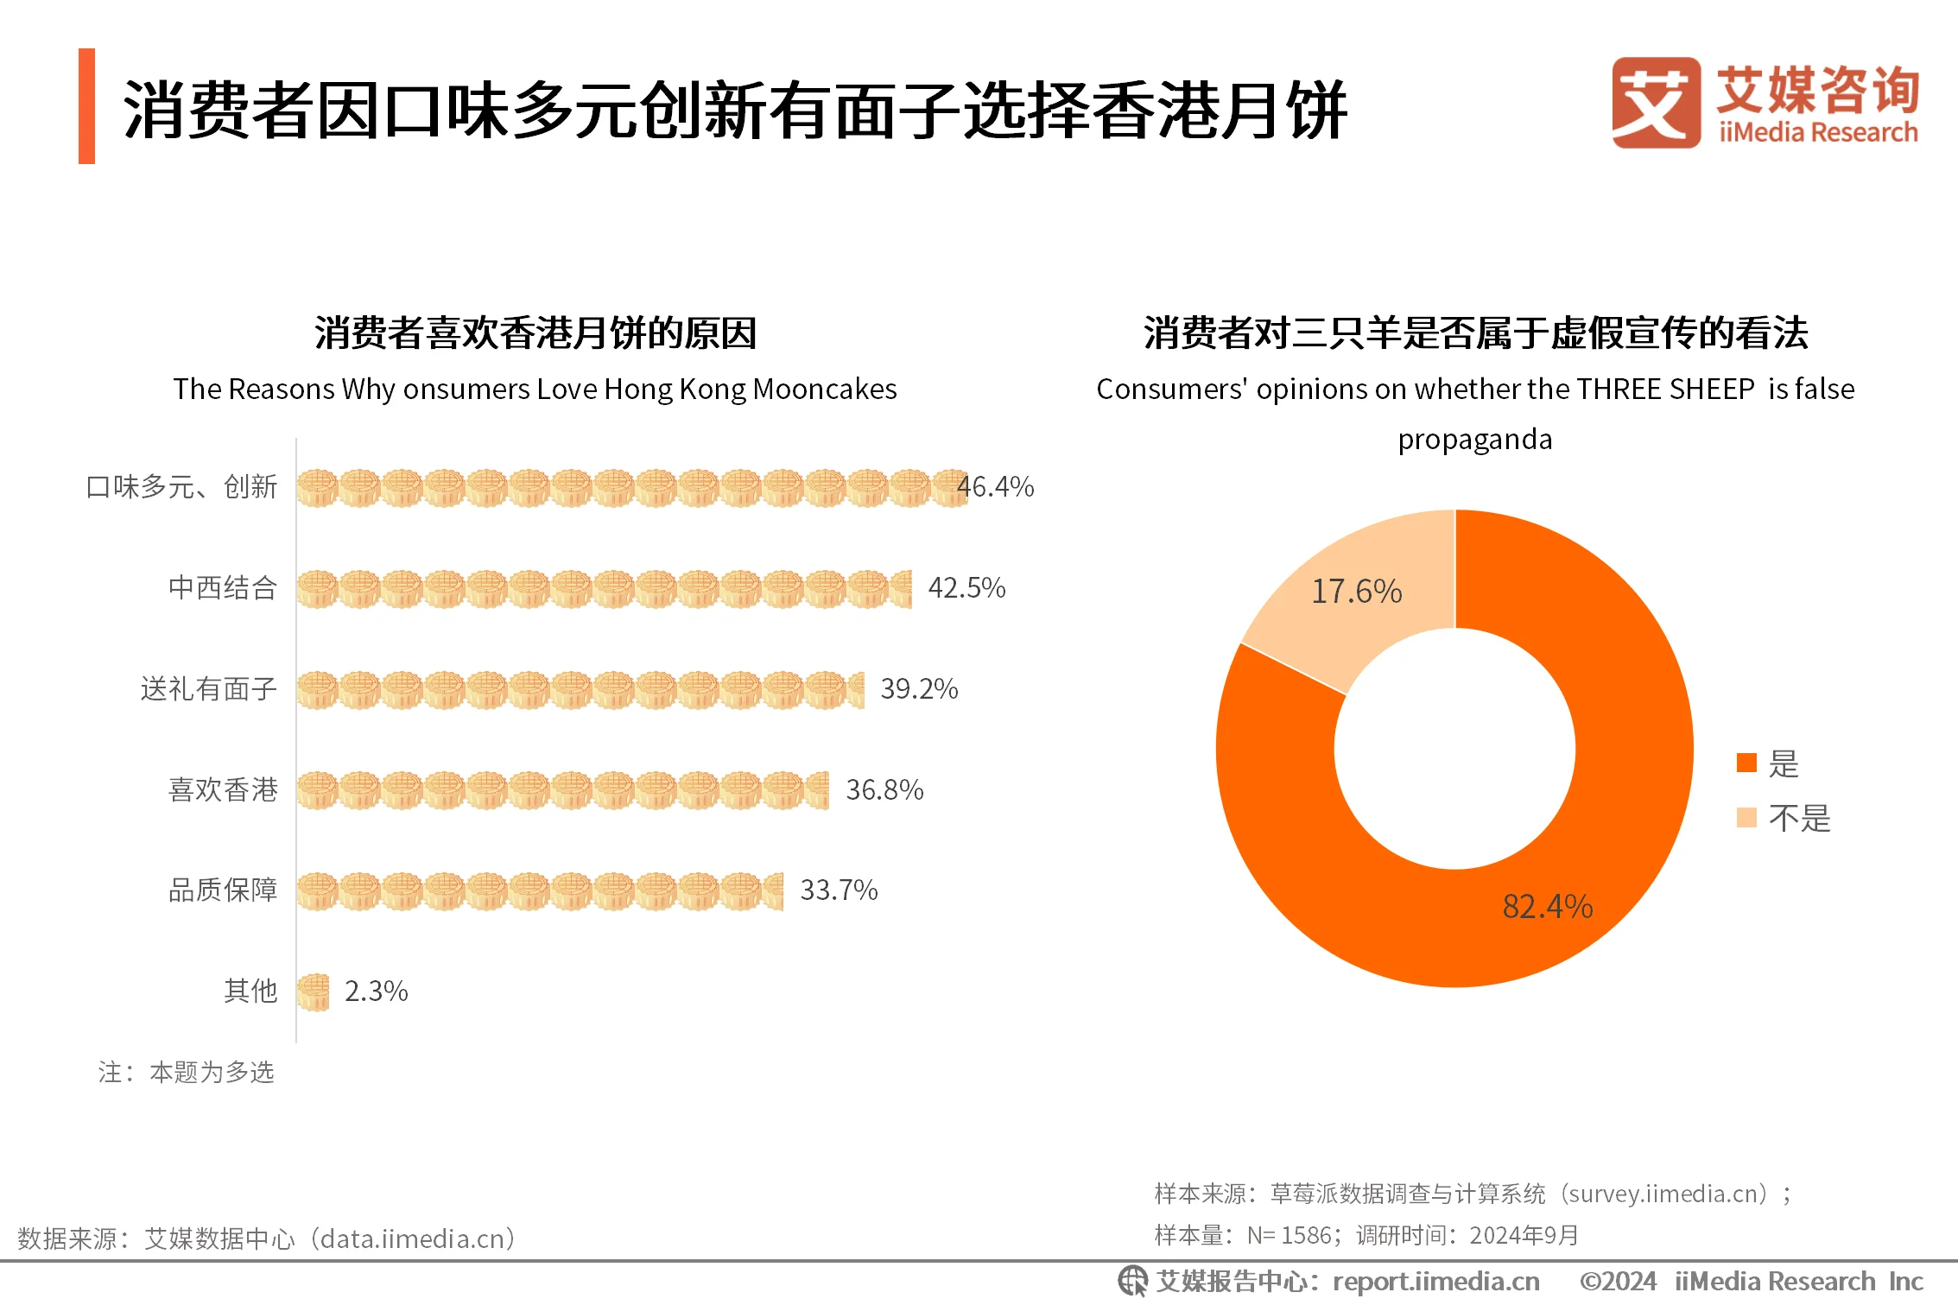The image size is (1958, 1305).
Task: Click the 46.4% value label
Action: click(x=996, y=487)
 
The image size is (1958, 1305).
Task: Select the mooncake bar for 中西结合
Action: click(x=604, y=589)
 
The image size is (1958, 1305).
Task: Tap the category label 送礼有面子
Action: click(x=208, y=689)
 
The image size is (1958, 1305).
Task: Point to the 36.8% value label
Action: click(x=884, y=790)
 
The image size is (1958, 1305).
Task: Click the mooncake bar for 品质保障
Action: click(x=540, y=891)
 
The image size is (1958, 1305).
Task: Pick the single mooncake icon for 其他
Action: click(x=314, y=991)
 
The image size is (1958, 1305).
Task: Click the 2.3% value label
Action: click(x=376, y=991)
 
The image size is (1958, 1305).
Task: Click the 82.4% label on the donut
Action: click(x=1547, y=907)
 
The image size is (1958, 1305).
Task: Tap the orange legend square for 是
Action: click(x=1746, y=763)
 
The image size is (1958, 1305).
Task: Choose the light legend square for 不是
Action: click(x=1746, y=818)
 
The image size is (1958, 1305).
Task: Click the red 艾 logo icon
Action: click(x=1656, y=103)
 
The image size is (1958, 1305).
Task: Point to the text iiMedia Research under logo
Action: click(x=1817, y=133)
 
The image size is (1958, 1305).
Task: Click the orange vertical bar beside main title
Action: click(x=86, y=106)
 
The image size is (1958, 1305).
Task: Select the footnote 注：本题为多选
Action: click(x=186, y=1073)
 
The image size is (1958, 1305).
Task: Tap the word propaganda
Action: click(x=1474, y=440)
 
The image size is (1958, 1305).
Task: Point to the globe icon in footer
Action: click(x=1132, y=1281)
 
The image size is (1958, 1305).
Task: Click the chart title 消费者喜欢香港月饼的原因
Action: click(x=535, y=333)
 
